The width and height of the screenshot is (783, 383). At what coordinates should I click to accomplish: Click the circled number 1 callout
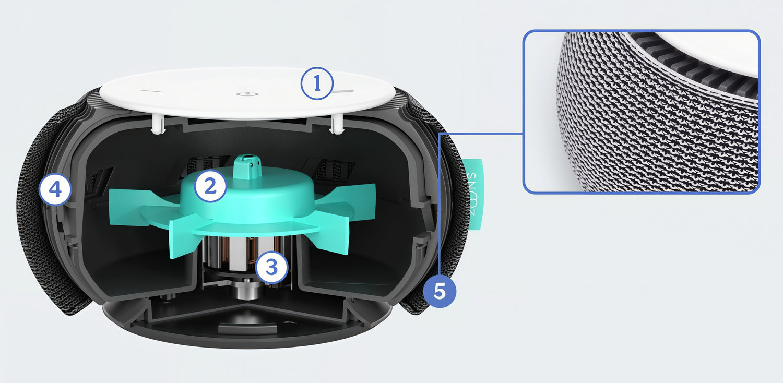[317, 83]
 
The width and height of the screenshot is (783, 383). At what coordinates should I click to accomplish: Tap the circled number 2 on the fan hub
[210, 186]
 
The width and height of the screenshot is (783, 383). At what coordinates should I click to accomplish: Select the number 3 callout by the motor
[271, 267]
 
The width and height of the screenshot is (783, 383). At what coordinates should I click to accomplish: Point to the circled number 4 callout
[55, 190]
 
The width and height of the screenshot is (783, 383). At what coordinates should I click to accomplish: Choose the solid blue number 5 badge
[440, 291]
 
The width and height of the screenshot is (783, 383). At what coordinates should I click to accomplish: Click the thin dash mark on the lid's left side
[152, 91]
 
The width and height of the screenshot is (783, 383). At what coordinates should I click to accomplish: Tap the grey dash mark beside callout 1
[343, 91]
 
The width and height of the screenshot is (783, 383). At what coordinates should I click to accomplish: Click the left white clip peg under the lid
[158, 124]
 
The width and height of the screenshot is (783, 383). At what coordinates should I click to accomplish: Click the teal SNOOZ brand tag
[473, 194]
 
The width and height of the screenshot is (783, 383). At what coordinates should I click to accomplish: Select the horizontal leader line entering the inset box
[481, 134]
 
